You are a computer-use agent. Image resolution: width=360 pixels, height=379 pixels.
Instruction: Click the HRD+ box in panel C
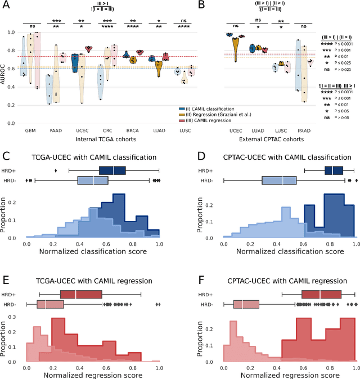(112, 170)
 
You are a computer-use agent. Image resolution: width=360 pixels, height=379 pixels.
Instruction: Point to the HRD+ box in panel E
(80, 294)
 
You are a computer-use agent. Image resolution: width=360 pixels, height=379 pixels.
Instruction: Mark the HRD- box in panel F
(246, 304)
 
